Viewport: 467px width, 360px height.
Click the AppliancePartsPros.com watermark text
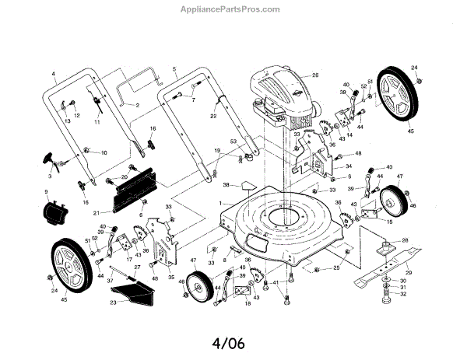pos(233,9)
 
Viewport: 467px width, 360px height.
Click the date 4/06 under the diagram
pos(233,341)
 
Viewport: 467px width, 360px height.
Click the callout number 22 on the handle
pos(212,114)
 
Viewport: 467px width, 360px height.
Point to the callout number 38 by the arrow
pos(226,185)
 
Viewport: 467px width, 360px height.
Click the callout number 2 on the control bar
pos(138,104)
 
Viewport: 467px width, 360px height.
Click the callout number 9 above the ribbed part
pos(45,191)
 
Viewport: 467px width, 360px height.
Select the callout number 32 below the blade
pos(403,294)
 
